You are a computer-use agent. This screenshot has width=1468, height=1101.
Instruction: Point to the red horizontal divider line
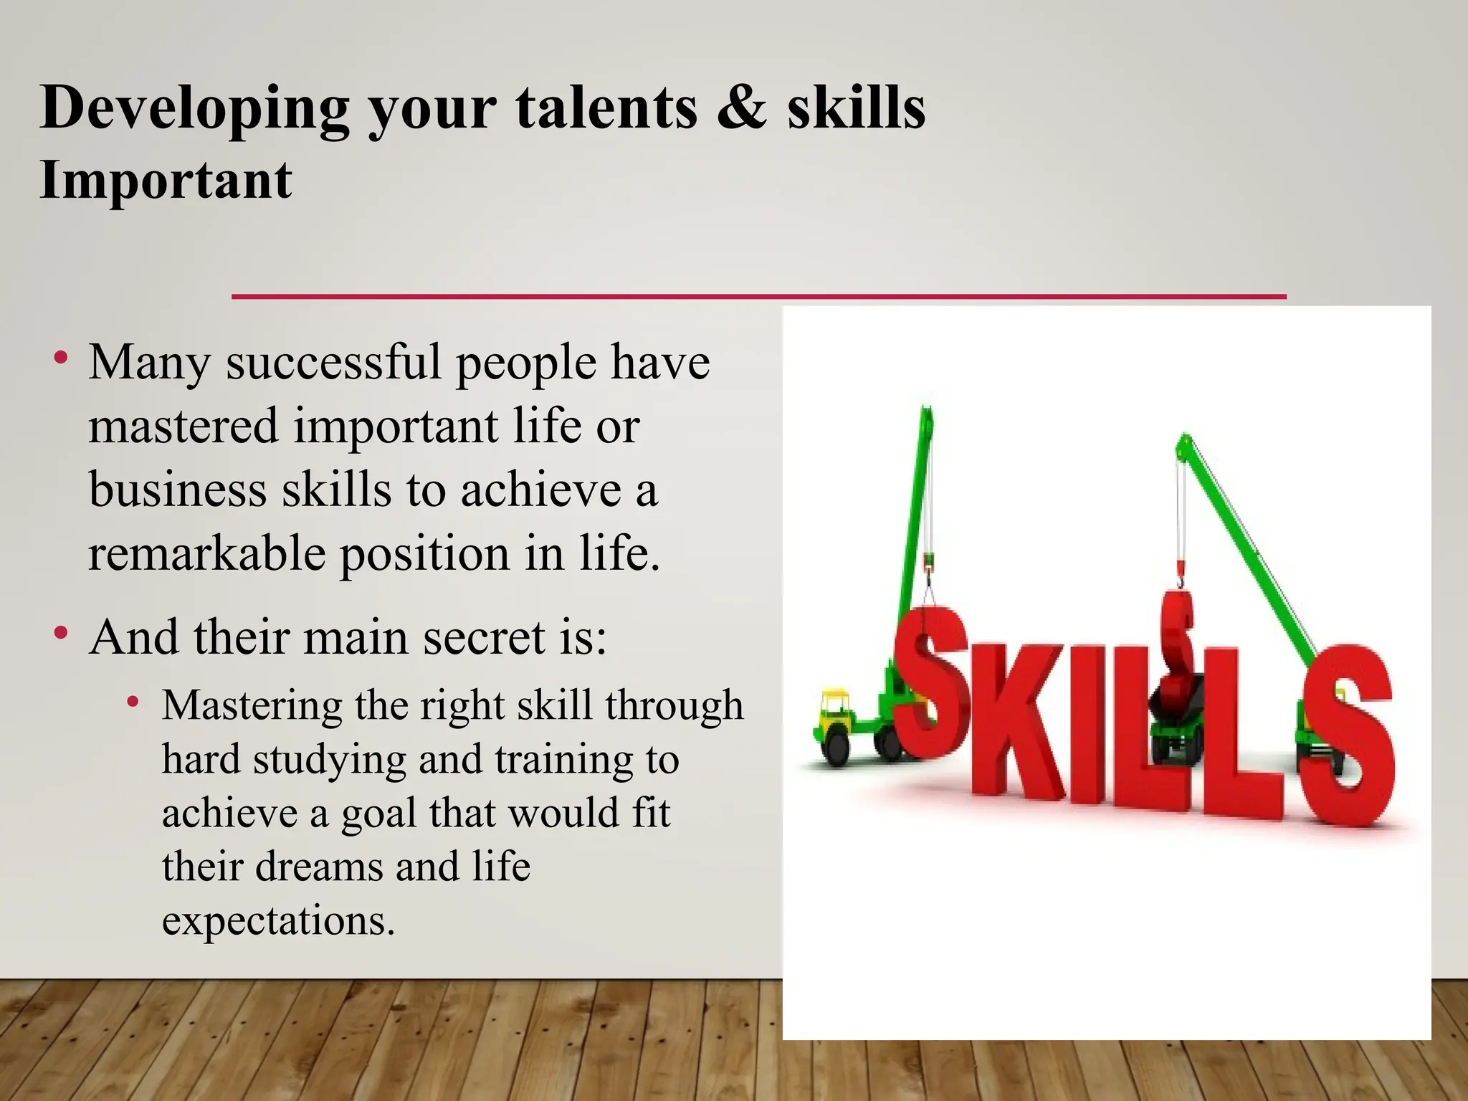758,296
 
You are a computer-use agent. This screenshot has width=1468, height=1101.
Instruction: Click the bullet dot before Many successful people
61,356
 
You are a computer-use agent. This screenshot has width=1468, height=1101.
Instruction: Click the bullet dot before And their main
61,632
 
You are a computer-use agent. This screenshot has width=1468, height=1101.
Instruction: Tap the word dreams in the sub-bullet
320,866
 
